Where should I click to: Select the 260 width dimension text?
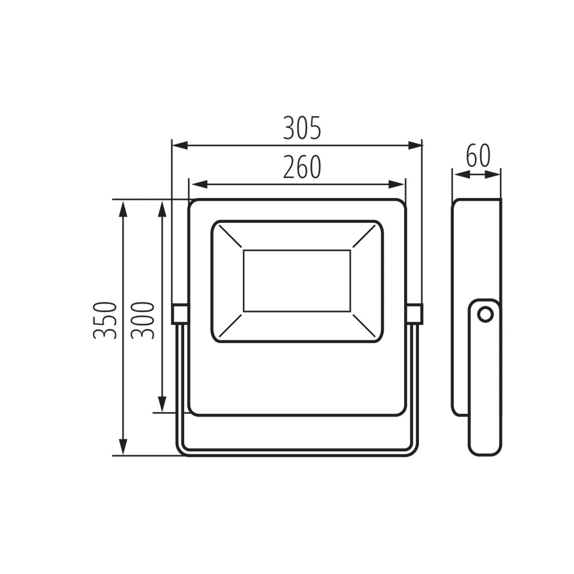301,167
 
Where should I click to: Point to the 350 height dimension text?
105,320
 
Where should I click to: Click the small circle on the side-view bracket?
486,314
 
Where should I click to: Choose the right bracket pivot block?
414,313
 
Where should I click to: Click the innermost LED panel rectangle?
297,281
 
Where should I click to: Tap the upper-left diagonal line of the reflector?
229,237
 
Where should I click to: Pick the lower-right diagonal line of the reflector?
364,325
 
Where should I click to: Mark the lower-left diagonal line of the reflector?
229,325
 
